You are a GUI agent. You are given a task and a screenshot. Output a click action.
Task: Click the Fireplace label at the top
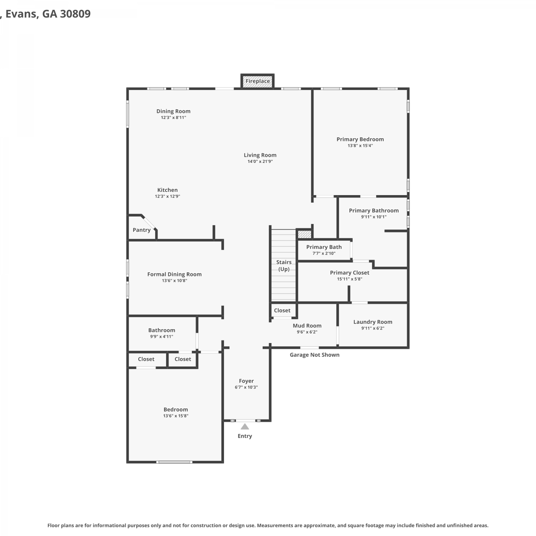click(258, 81)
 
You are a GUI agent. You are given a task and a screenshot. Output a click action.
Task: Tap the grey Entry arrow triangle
click(245, 426)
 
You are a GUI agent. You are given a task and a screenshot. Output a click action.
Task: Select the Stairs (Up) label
click(284, 265)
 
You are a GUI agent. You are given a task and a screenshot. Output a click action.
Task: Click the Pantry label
click(142, 230)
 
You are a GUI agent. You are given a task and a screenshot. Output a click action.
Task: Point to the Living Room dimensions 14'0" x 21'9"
click(260, 162)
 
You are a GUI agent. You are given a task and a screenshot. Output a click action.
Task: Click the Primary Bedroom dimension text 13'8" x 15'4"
click(360, 146)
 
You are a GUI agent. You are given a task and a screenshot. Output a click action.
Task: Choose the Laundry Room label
click(373, 322)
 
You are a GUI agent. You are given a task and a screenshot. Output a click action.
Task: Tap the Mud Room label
click(307, 326)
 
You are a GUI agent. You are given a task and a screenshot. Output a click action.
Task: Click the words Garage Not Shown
click(314, 355)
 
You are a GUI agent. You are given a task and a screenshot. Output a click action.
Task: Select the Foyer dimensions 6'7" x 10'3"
click(246, 387)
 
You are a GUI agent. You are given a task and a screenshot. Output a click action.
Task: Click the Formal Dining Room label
click(174, 274)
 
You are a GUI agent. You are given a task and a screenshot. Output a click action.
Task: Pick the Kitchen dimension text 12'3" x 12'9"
click(167, 197)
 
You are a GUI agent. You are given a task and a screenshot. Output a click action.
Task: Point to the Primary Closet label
click(349, 273)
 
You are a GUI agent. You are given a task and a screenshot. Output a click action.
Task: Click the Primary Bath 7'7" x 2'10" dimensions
click(324, 253)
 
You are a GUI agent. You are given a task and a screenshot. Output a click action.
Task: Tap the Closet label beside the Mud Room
click(282, 311)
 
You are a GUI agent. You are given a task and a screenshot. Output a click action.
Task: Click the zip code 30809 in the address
click(75, 14)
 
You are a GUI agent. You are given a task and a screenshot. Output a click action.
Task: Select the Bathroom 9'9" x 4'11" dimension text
click(162, 337)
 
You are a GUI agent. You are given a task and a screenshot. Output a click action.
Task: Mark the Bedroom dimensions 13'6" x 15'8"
click(175, 416)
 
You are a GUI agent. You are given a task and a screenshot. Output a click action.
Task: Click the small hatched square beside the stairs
click(304, 234)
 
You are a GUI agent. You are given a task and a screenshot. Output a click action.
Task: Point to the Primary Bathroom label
click(374, 211)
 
